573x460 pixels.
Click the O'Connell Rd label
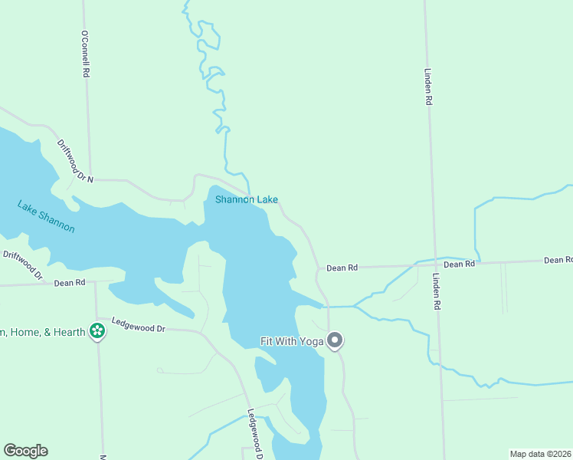85,54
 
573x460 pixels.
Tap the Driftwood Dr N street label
75,160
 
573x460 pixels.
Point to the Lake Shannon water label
47,216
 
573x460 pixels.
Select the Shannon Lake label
246,200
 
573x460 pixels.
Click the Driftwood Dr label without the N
22,264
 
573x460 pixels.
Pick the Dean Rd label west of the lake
70,283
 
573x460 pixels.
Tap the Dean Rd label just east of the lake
342,268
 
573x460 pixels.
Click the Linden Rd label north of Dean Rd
429,87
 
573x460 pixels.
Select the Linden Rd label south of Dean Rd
436,291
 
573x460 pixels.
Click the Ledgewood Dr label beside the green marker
139,325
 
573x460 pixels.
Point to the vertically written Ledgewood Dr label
255,434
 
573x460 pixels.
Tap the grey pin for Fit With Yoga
335,340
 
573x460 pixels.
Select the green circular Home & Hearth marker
97,330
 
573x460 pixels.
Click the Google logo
25,451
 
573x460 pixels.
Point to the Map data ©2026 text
540,453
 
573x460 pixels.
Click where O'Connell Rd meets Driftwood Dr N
90,179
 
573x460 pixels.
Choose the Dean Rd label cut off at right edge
558,261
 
